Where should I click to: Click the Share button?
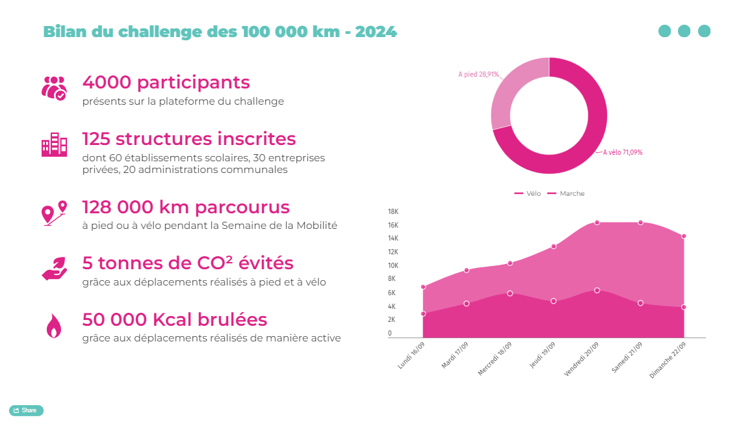26,410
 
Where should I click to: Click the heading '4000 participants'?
166,83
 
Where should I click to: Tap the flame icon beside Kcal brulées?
53,326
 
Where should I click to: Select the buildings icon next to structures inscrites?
54,144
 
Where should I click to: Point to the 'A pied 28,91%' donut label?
478,75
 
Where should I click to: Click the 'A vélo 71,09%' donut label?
623,152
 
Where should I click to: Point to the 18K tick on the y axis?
393,211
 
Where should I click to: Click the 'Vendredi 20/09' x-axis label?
580,358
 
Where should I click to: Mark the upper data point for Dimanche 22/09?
684,236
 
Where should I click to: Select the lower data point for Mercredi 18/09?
510,293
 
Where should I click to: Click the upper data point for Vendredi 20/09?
597,222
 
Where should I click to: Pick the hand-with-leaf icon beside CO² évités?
54,268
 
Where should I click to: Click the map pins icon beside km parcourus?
54,213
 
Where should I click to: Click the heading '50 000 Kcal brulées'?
174,320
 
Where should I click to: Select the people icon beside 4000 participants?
54,88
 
